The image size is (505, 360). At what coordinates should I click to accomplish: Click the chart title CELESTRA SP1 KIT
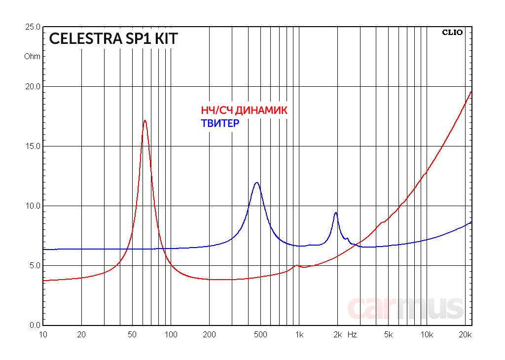point(113,39)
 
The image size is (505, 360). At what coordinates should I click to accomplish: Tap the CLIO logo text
point(452,33)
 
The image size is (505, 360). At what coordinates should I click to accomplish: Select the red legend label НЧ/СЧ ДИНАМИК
point(244,110)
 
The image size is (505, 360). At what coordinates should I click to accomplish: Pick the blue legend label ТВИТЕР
point(219,123)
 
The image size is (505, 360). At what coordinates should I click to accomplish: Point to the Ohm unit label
point(33,56)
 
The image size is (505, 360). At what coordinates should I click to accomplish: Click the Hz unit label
point(352,334)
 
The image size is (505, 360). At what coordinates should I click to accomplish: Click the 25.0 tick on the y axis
point(33,27)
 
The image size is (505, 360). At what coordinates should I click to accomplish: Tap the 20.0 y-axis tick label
point(33,86)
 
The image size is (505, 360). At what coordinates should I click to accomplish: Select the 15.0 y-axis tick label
point(33,146)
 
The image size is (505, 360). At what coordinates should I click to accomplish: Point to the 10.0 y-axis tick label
point(33,206)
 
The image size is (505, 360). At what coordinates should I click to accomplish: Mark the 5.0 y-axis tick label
point(35,265)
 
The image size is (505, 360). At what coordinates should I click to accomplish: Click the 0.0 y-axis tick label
point(35,325)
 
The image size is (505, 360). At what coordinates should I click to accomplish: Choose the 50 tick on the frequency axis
point(132,334)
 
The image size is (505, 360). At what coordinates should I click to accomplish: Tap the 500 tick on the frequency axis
point(260,334)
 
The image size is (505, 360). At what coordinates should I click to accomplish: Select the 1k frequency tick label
point(299,334)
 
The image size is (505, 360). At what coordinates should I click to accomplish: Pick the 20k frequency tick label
point(465,334)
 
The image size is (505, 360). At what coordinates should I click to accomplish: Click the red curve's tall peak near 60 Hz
point(144,120)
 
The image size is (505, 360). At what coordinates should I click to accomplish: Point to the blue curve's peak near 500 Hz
point(256,182)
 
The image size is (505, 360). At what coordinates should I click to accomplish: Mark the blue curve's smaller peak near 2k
point(336,213)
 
